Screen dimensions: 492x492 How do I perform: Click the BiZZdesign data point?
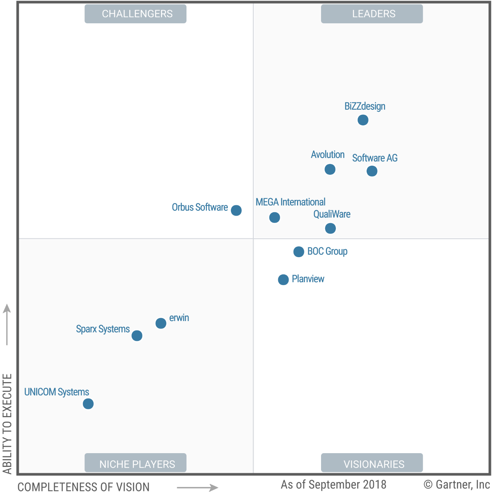click(x=363, y=120)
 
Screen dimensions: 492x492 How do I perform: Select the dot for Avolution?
click(x=330, y=170)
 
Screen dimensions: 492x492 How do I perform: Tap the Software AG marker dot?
click(x=372, y=171)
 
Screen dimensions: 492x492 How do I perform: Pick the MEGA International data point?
click(x=274, y=217)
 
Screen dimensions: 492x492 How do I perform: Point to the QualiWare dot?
click(x=330, y=229)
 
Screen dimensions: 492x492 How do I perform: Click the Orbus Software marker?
click(x=236, y=211)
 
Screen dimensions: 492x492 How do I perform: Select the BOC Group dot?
click(x=299, y=252)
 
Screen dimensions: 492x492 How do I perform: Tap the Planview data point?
click(x=283, y=280)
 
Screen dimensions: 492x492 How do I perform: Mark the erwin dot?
click(x=161, y=323)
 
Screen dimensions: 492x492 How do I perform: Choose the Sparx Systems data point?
click(x=137, y=336)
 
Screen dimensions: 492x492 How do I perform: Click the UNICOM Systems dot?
click(x=88, y=404)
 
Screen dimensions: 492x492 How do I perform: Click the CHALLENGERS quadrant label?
click(x=136, y=14)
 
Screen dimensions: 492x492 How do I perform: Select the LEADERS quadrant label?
click(x=372, y=14)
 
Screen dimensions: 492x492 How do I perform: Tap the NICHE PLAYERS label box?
click(x=136, y=463)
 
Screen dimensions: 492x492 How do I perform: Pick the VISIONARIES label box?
click(x=372, y=463)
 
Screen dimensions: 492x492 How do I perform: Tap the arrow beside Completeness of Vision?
click(x=198, y=487)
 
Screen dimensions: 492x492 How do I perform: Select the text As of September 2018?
click(x=333, y=485)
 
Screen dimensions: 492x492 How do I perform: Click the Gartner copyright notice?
click(x=457, y=485)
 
